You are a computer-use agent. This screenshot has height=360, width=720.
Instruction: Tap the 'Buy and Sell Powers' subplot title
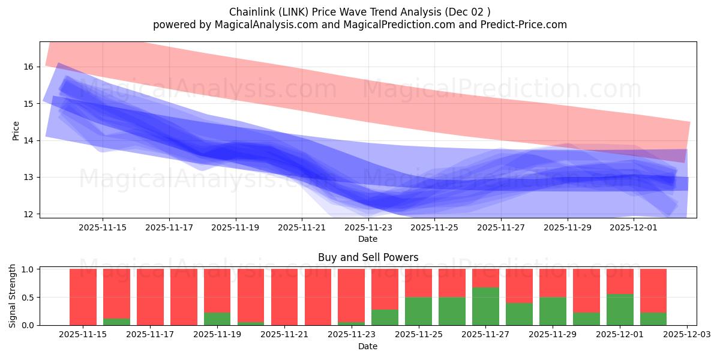point(368,258)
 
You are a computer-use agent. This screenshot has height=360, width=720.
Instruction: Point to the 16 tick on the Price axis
point(28,67)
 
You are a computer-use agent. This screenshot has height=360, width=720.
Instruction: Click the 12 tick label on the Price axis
point(28,214)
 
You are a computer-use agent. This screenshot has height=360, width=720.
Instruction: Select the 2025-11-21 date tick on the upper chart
point(302,227)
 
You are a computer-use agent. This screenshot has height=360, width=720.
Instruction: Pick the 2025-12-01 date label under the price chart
point(635,227)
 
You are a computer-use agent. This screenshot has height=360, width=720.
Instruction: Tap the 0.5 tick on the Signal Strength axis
point(28,298)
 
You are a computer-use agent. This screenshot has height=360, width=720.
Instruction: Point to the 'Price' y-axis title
point(16,131)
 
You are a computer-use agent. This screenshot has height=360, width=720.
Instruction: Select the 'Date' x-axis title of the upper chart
point(368,239)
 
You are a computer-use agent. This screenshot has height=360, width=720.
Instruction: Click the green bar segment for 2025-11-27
point(485,306)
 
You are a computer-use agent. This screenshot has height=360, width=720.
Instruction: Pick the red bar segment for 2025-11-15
point(83,297)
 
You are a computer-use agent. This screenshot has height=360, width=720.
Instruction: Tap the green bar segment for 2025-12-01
point(620,310)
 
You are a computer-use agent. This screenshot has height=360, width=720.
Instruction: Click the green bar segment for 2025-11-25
point(418,311)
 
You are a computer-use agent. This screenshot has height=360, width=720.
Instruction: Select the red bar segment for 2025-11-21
point(284,297)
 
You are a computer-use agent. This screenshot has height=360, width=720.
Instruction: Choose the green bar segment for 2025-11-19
point(217,319)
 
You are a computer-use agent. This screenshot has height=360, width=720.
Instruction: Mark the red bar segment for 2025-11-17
point(150,297)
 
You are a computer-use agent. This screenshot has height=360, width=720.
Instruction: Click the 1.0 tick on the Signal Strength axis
point(28,269)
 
